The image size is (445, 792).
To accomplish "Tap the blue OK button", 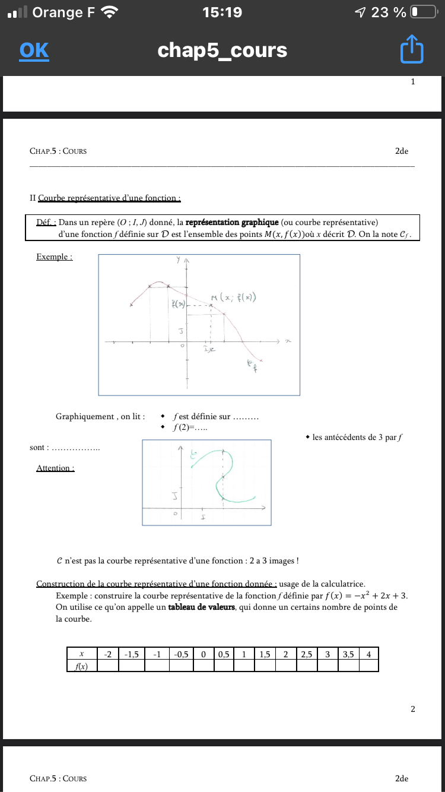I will pos(34,50).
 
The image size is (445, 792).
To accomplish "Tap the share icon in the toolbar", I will pos(412,50).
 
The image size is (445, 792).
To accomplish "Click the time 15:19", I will pos(222,12).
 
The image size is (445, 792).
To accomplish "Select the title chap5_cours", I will pos(223,50).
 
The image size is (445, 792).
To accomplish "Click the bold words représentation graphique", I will pos(227,223).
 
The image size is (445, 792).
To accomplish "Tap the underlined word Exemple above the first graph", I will pos(54,257).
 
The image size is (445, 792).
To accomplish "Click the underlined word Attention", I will pos(55,468).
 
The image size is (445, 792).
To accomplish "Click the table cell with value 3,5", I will pos(348,654).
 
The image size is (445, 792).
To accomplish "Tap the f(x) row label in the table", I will pos(81,666).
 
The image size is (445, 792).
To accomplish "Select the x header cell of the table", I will pos(81,654).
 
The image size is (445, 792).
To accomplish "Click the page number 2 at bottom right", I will pos(413,709).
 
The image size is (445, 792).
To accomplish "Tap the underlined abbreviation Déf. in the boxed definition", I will pos(46,223).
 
